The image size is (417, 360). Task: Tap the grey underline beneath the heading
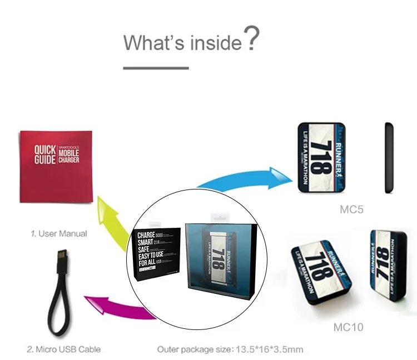click(156, 68)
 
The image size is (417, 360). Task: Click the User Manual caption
click(59, 234)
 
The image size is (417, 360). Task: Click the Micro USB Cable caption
click(64, 349)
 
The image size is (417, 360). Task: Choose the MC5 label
click(351, 210)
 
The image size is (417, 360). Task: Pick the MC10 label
click(348, 327)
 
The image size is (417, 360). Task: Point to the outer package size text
click(230, 349)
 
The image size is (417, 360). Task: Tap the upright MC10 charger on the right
click(385, 263)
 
